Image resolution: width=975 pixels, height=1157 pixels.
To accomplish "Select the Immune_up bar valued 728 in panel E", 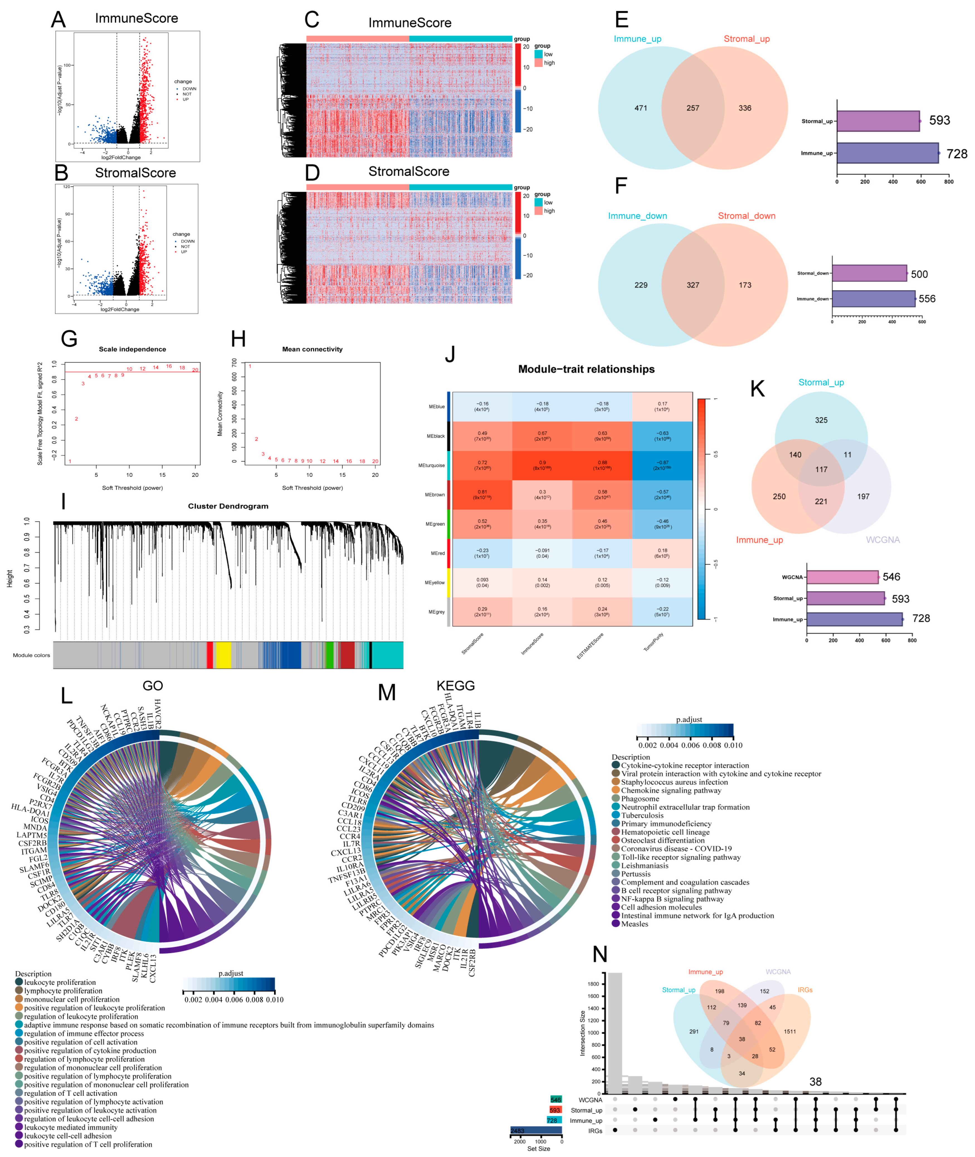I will click(x=887, y=153).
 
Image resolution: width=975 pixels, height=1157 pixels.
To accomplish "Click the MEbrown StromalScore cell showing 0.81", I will click(x=482, y=494).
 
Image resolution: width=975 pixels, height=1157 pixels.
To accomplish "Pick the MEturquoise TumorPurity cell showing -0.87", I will click(x=662, y=465).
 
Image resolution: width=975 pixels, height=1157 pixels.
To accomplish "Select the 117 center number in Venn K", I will click(x=821, y=470).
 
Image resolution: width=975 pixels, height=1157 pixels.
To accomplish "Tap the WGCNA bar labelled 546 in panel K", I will click(x=842, y=577).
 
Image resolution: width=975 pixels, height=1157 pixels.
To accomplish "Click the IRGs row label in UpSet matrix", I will click(x=595, y=1131).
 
